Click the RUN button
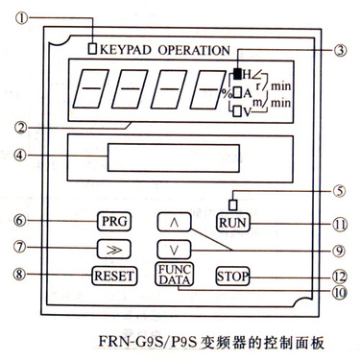coord(233,223)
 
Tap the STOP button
coord(232,276)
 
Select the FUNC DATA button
coord(175,275)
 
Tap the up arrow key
coord(174,222)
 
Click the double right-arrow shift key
coord(114,249)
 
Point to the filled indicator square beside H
coord(237,74)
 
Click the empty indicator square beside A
coord(237,93)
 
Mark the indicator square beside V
coord(237,111)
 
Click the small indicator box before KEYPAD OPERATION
coord(92,49)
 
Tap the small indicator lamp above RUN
coord(233,205)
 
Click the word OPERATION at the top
coord(194,50)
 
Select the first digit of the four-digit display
coord(90,88)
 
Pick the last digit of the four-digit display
coord(207,88)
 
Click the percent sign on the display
coord(227,93)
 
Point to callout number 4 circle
coord(20,156)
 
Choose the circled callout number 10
coord(340,292)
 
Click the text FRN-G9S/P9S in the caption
coord(147,342)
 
